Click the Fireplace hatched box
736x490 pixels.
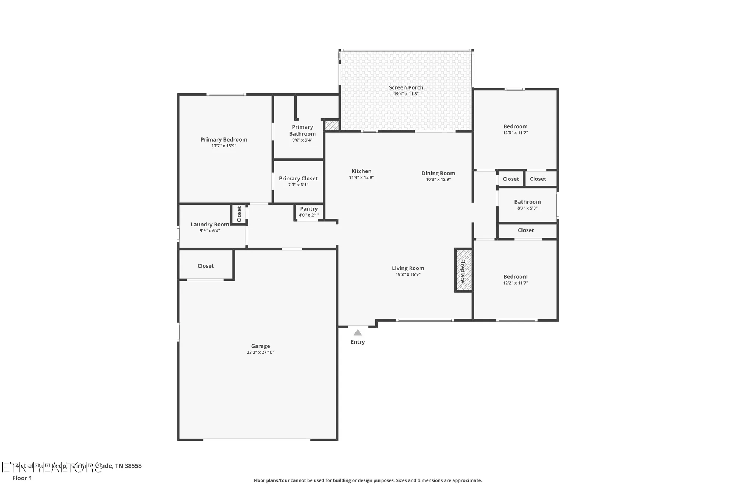(x=464, y=271)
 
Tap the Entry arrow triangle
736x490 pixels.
(x=358, y=333)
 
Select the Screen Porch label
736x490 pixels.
(x=406, y=87)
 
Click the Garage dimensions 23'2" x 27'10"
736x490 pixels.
(x=260, y=352)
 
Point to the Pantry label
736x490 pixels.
(x=309, y=209)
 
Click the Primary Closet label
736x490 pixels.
(x=298, y=179)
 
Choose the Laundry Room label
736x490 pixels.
(x=210, y=225)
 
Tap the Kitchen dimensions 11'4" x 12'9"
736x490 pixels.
(x=361, y=178)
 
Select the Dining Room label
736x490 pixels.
(x=438, y=173)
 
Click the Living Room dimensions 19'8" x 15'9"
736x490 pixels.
(x=408, y=275)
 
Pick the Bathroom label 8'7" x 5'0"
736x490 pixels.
(x=527, y=202)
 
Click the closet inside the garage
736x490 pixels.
(x=205, y=266)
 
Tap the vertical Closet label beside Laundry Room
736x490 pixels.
(x=239, y=214)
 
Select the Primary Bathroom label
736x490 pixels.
(x=302, y=130)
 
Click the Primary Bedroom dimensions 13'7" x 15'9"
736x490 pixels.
(x=224, y=146)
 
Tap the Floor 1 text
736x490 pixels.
(x=22, y=478)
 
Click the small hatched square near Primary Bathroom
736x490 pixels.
(x=332, y=125)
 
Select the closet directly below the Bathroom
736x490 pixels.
(x=526, y=230)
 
